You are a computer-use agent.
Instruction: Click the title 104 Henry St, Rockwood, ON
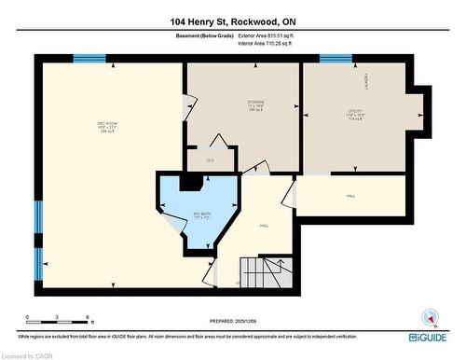coord(233,21)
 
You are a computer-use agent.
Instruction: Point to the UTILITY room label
coord(355,113)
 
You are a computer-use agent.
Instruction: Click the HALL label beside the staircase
coord(265,225)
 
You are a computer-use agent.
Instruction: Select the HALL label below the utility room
coord(351,197)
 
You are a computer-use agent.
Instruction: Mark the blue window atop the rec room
coord(89,59)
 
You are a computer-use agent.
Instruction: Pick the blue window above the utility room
coord(336,59)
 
